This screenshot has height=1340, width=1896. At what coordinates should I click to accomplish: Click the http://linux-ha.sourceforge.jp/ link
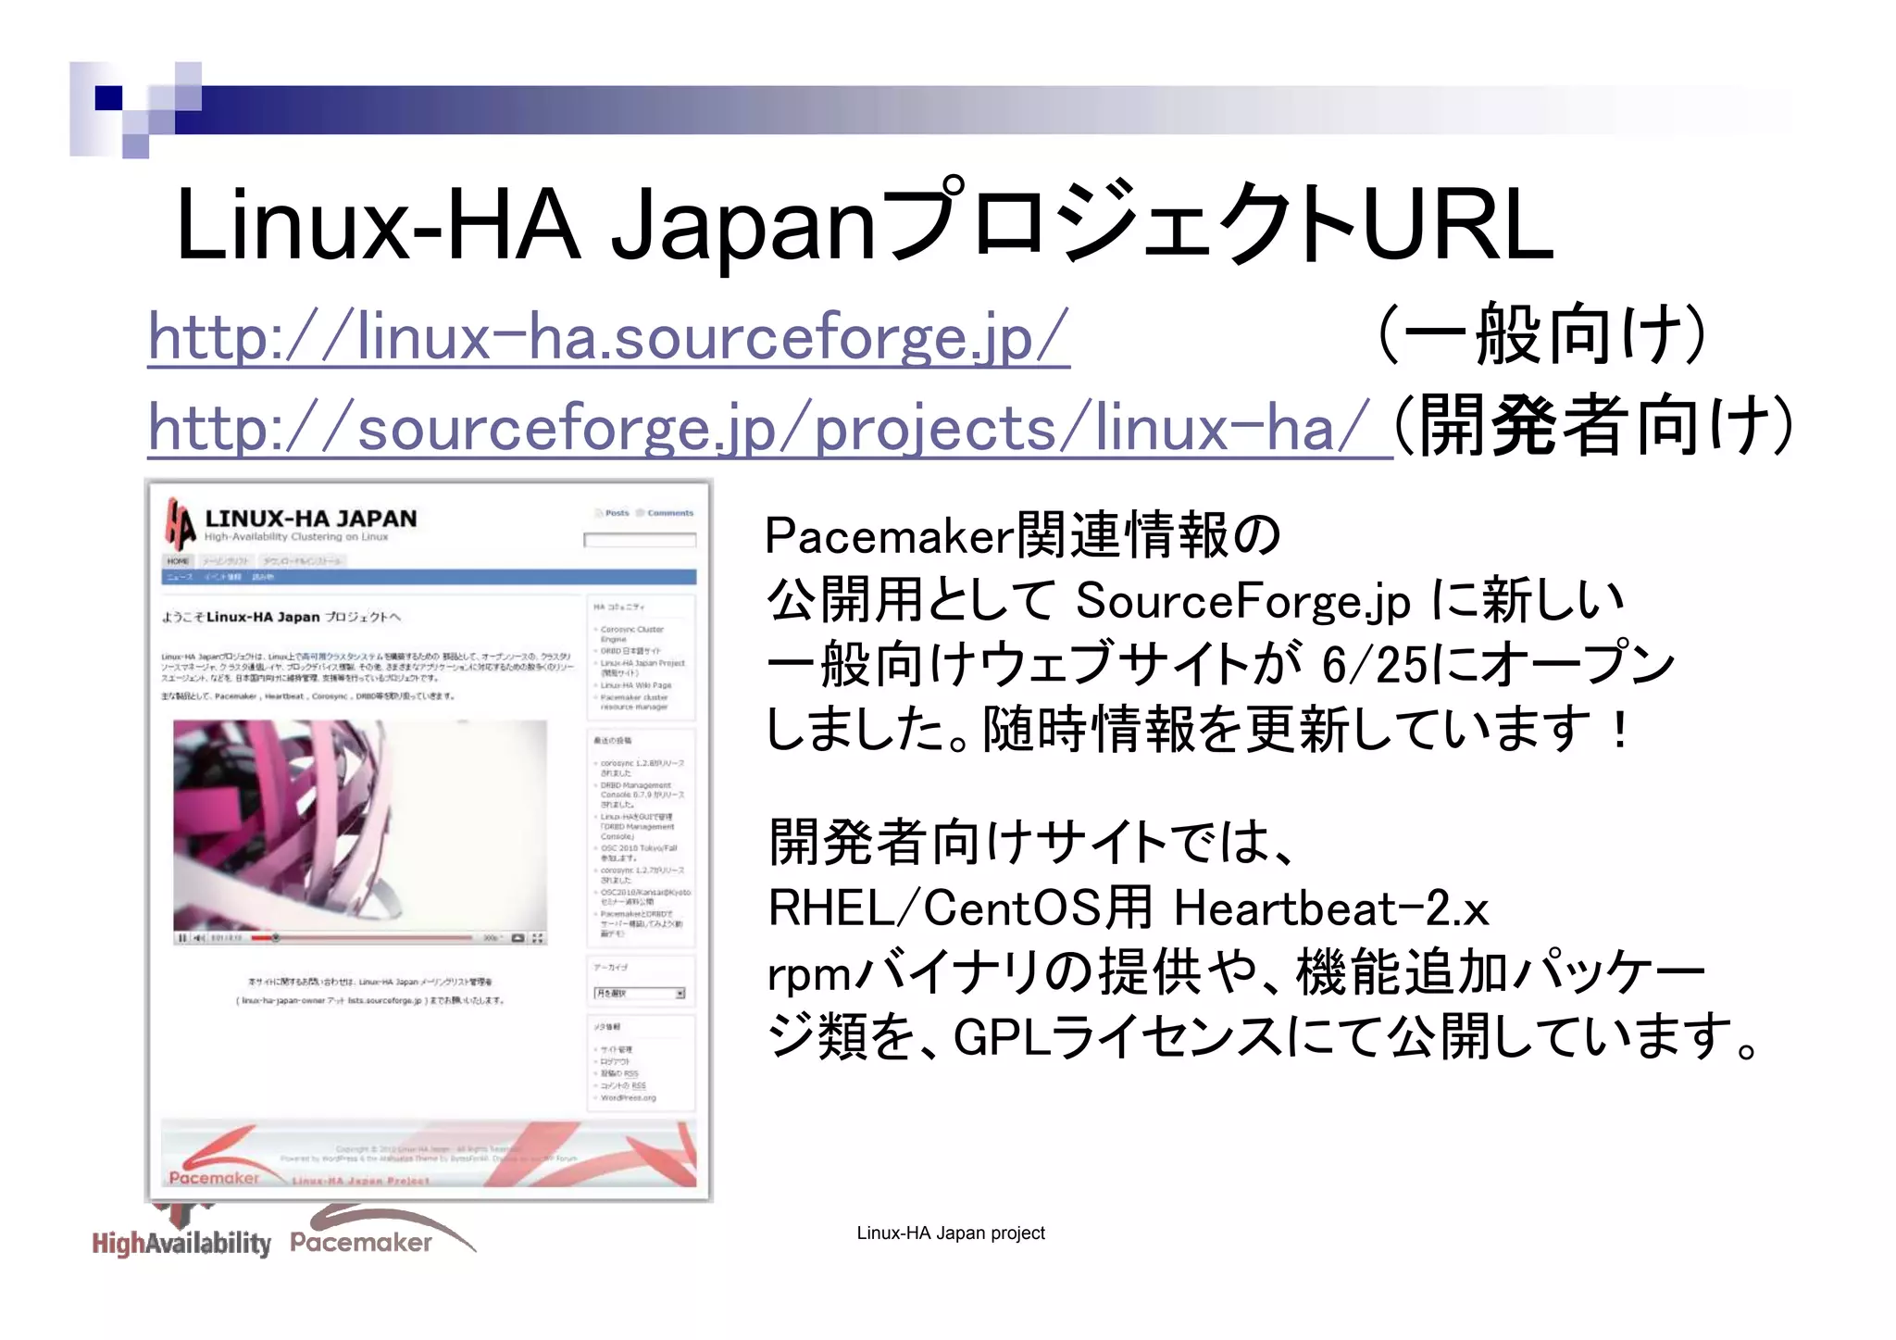608,337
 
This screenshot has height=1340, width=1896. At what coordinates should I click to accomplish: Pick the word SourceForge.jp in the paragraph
1242,601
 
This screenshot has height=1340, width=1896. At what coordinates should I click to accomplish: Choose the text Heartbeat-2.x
1331,908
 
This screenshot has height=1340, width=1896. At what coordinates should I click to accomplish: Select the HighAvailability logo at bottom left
181,1241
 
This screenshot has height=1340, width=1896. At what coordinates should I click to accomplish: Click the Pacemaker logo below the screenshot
361,1241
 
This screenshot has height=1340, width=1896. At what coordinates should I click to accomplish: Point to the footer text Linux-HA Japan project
950,1234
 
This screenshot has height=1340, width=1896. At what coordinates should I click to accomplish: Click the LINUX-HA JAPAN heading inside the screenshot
310,519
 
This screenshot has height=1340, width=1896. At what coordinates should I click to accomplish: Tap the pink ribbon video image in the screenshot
359,824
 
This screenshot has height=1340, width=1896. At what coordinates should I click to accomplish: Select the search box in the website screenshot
639,540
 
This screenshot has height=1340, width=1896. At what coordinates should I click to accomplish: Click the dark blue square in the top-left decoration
108,98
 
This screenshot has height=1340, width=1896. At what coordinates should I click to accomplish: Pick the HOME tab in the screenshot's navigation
178,561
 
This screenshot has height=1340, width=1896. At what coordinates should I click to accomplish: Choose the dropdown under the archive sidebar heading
639,994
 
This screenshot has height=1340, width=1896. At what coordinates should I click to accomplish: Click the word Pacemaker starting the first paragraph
889,536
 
